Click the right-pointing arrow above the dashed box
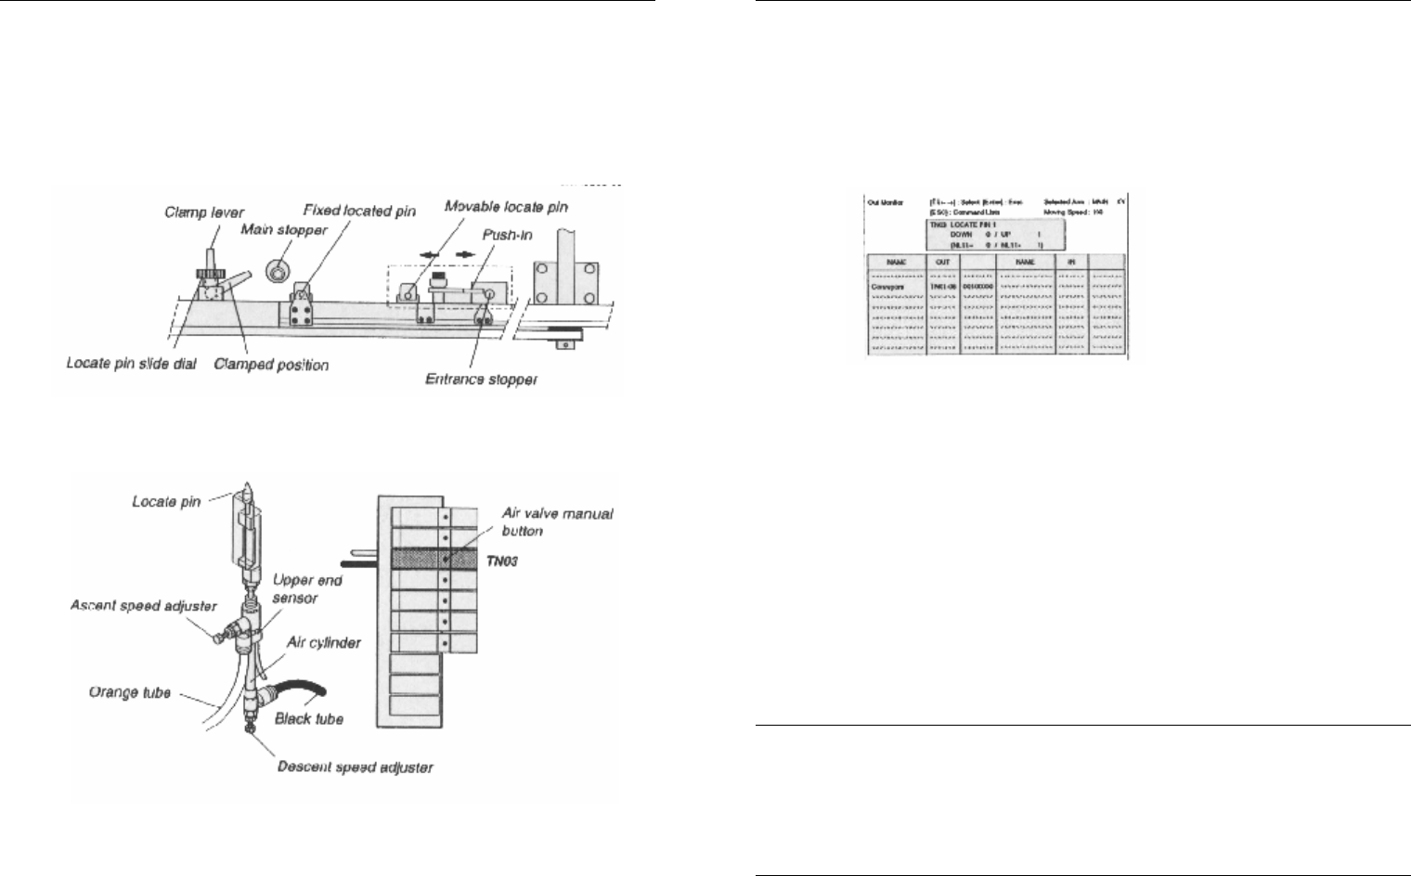point(463,253)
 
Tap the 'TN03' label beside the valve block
point(502,560)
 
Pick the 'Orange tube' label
point(129,692)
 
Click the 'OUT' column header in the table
point(943,263)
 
